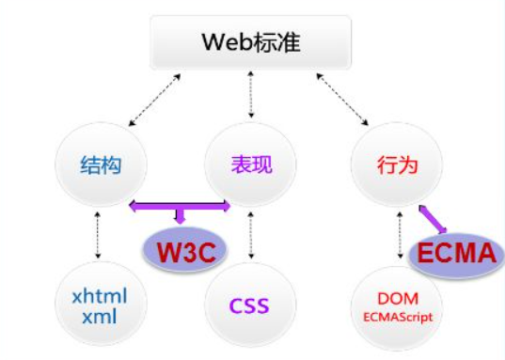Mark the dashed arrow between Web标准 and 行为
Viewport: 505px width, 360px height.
pos(342,102)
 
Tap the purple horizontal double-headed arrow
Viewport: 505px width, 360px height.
pos(180,204)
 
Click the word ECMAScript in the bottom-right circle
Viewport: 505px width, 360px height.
pos(398,317)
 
